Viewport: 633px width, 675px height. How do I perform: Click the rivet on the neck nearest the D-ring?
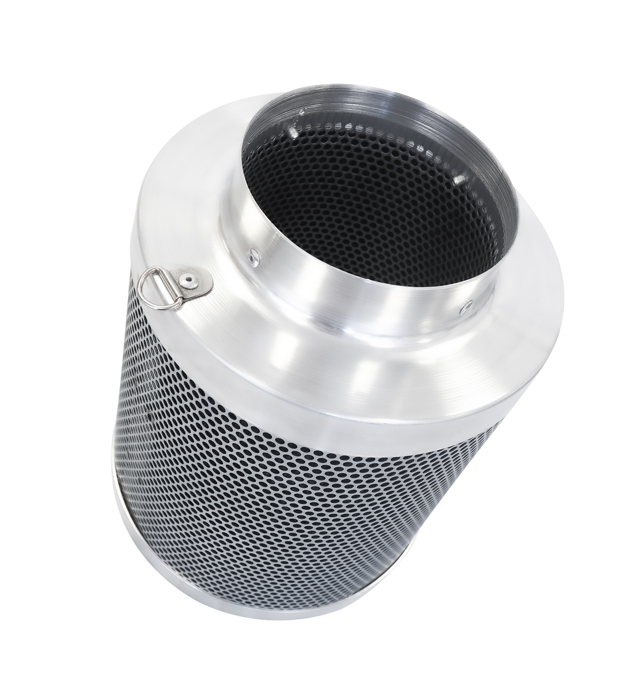coord(251,258)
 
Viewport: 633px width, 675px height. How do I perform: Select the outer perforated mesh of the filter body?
coord(288,504)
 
